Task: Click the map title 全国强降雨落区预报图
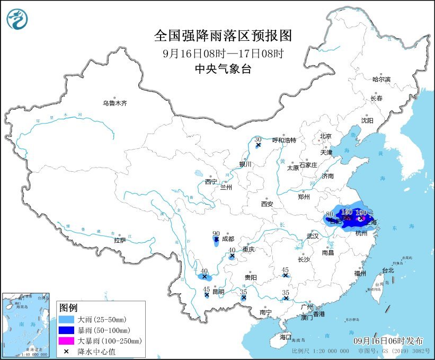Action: click(223, 36)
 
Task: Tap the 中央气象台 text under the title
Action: click(223, 68)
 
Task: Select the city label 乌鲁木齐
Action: click(115, 103)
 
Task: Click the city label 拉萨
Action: click(120, 240)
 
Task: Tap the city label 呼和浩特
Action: click(283, 140)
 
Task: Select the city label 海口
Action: click(286, 337)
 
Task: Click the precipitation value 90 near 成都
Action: click(216, 234)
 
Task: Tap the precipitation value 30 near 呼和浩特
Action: click(258, 139)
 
